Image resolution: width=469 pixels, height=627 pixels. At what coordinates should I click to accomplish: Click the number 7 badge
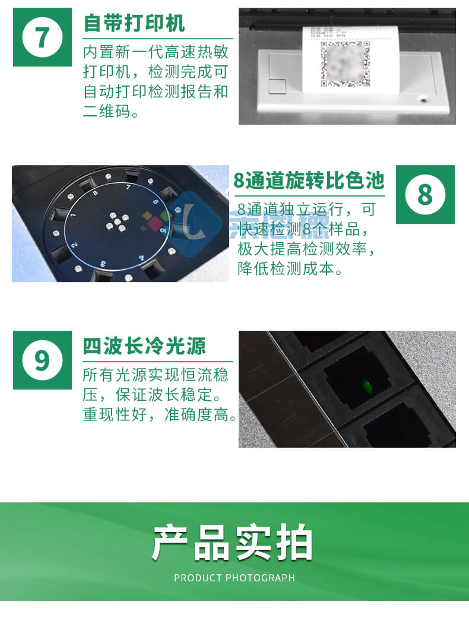click(42, 37)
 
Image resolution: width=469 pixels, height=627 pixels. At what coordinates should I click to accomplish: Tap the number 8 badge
click(425, 194)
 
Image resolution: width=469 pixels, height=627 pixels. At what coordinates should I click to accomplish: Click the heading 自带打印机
click(134, 23)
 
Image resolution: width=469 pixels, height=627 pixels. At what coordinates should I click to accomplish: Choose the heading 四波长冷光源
click(144, 346)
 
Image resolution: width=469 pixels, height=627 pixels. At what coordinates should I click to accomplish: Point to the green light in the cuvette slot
click(366, 385)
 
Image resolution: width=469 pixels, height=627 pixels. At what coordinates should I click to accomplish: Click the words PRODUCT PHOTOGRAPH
click(234, 578)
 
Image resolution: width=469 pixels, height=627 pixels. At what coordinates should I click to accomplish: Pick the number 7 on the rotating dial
click(128, 187)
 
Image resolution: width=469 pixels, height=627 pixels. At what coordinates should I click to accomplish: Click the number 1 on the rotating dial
click(72, 215)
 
